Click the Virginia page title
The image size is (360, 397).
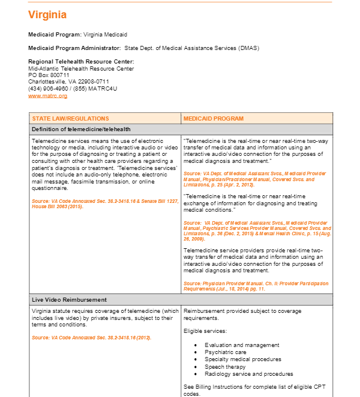pos(47,15)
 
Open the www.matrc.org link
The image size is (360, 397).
pos(48,95)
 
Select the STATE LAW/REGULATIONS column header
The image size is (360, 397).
pos(71,118)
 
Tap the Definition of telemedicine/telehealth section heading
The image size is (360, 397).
pos(81,129)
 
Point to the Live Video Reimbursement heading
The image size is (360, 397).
pos(69,299)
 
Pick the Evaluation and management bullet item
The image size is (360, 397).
pos(242,345)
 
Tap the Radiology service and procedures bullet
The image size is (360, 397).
pos(248,373)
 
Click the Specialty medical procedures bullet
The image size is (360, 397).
pos(243,359)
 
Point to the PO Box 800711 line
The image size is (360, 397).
pos(49,75)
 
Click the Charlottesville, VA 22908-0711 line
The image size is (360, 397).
pos(68,82)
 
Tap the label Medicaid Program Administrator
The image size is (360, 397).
pos(75,48)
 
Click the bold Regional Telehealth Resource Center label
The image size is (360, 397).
pos(81,62)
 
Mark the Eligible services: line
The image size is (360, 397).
pos(204,331)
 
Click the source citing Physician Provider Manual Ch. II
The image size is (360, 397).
pos(256,286)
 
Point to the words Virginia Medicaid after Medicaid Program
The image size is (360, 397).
pos(105,35)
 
